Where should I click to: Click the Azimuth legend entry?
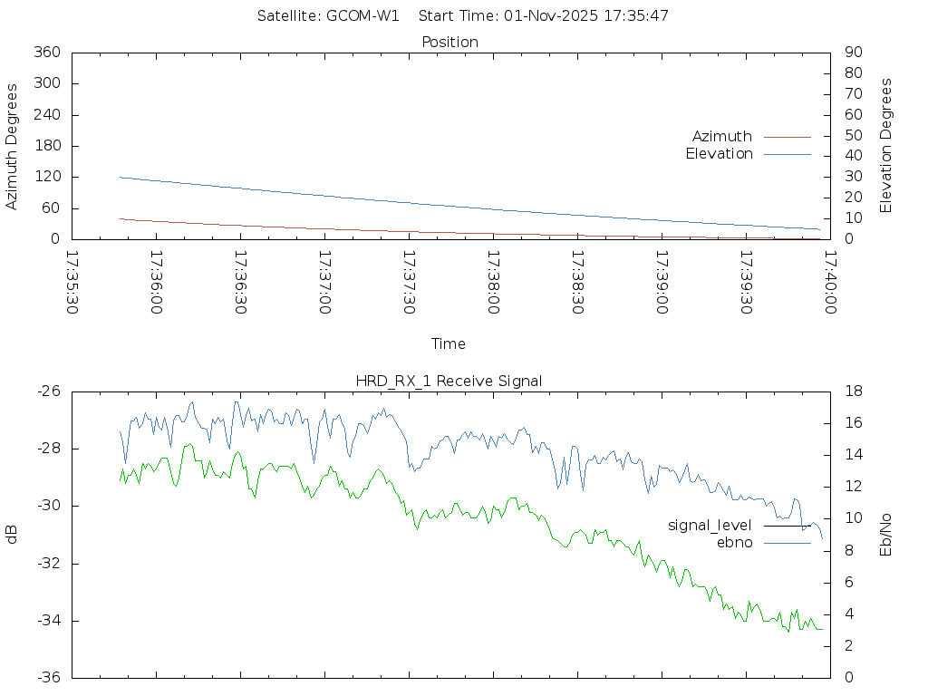pyautogui.click(x=722, y=136)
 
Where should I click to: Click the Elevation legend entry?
pyautogui.click(x=720, y=154)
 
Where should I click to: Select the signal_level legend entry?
pyautogui.click(x=710, y=526)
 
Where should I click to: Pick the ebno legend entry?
pyautogui.click(x=735, y=542)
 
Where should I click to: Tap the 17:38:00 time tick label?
pyautogui.click(x=493, y=283)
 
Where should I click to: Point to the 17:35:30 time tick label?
pyautogui.click(x=73, y=283)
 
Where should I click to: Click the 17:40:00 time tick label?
pyautogui.click(x=829, y=283)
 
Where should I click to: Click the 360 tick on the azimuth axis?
pyautogui.click(x=46, y=53)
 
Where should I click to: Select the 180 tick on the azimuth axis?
pyautogui.click(x=46, y=146)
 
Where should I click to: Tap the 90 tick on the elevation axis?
pyautogui.click(x=852, y=53)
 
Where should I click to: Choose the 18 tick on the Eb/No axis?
pyautogui.click(x=853, y=391)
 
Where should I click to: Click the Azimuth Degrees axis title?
pyautogui.click(x=13, y=146)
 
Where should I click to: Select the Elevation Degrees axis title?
pyautogui.click(x=886, y=146)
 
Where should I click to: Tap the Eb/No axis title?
pyautogui.click(x=886, y=535)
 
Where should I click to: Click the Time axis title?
pyautogui.click(x=449, y=344)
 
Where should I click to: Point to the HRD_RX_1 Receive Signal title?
pyautogui.click(x=449, y=382)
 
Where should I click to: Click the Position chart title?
pyautogui.click(x=449, y=43)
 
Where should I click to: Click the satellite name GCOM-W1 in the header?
pyautogui.click(x=362, y=16)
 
